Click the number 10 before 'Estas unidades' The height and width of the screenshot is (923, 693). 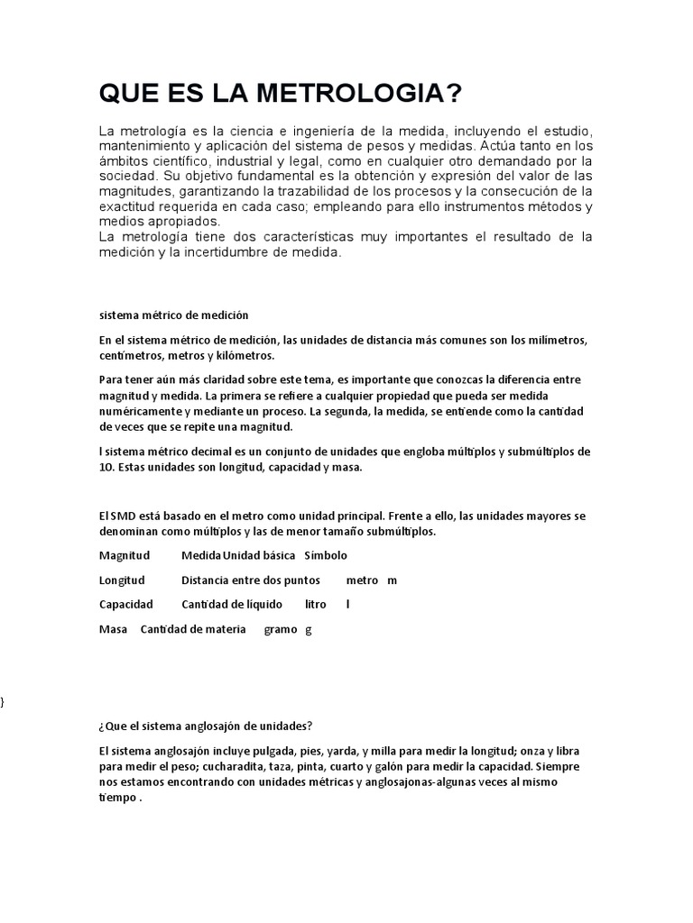pyautogui.click(x=106, y=468)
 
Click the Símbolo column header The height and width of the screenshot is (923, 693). pyautogui.click(x=326, y=555)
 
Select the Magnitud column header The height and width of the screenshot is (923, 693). pyautogui.click(x=125, y=555)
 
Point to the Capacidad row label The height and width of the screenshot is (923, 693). pyautogui.click(x=125, y=604)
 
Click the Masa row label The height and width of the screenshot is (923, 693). pyautogui.click(x=113, y=629)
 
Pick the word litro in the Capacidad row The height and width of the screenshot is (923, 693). pyautogui.click(x=316, y=604)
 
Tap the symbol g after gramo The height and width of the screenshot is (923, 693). pyautogui.click(x=309, y=630)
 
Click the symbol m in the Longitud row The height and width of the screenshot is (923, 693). pyautogui.click(x=392, y=580)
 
